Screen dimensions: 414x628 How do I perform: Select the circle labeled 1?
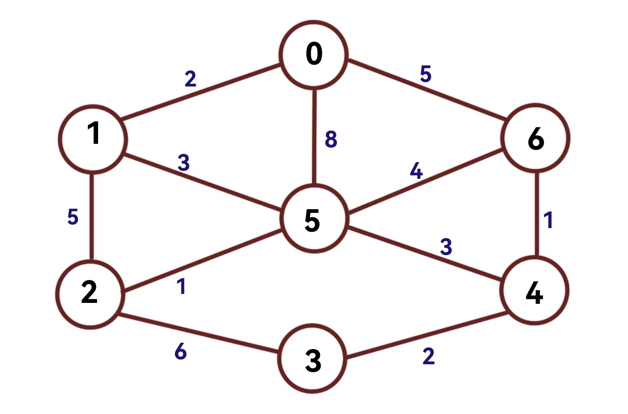coord(93,139)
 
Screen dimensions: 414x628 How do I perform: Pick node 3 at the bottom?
coord(313,359)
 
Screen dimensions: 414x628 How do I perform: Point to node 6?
coord(536,138)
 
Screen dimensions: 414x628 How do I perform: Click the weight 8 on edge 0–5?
coord(331,139)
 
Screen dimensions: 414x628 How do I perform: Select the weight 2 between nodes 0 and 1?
coord(190,79)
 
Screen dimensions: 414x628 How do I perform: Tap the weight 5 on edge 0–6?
coord(426,74)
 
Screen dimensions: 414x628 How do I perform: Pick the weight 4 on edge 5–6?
coord(416,171)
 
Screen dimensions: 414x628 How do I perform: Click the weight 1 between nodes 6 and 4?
coord(548,220)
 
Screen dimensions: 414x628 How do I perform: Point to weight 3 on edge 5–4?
coord(446,246)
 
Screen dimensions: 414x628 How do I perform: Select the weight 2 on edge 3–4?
coord(429,356)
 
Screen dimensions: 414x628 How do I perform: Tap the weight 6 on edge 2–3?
coord(181,352)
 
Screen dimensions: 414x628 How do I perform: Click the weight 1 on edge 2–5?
coord(181,287)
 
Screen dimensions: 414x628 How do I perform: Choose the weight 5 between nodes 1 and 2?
coord(73,217)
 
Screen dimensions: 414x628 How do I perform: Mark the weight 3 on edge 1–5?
coord(184,163)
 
